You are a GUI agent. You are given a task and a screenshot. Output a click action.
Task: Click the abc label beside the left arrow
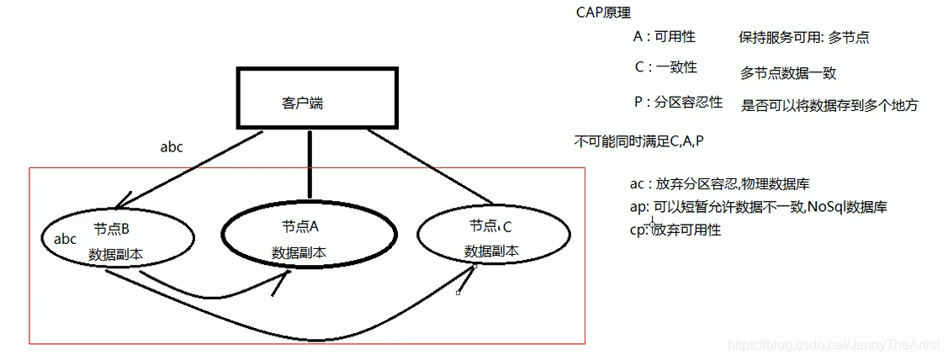pyautogui.click(x=172, y=146)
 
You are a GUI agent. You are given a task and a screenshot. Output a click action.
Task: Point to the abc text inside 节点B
pyautogui.click(x=65, y=240)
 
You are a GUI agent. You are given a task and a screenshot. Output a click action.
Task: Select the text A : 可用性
pyautogui.click(x=664, y=37)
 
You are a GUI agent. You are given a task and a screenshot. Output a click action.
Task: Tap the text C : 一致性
pyautogui.click(x=665, y=68)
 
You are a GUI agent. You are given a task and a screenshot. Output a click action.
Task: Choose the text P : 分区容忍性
pyautogui.click(x=678, y=103)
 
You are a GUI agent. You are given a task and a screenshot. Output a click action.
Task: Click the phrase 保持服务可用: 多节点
pyautogui.click(x=803, y=38)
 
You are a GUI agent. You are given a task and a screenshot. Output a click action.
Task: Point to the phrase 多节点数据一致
pyautogui.click(x=788, y=73)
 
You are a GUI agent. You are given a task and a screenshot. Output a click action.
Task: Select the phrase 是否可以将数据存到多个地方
pyautogui.click(x=829, y=105)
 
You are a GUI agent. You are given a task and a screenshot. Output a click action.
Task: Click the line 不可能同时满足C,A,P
pyautogui.click(x=638, y=140)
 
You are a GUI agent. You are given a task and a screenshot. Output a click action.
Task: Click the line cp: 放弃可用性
pyautogui.click(x=675, y=229)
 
